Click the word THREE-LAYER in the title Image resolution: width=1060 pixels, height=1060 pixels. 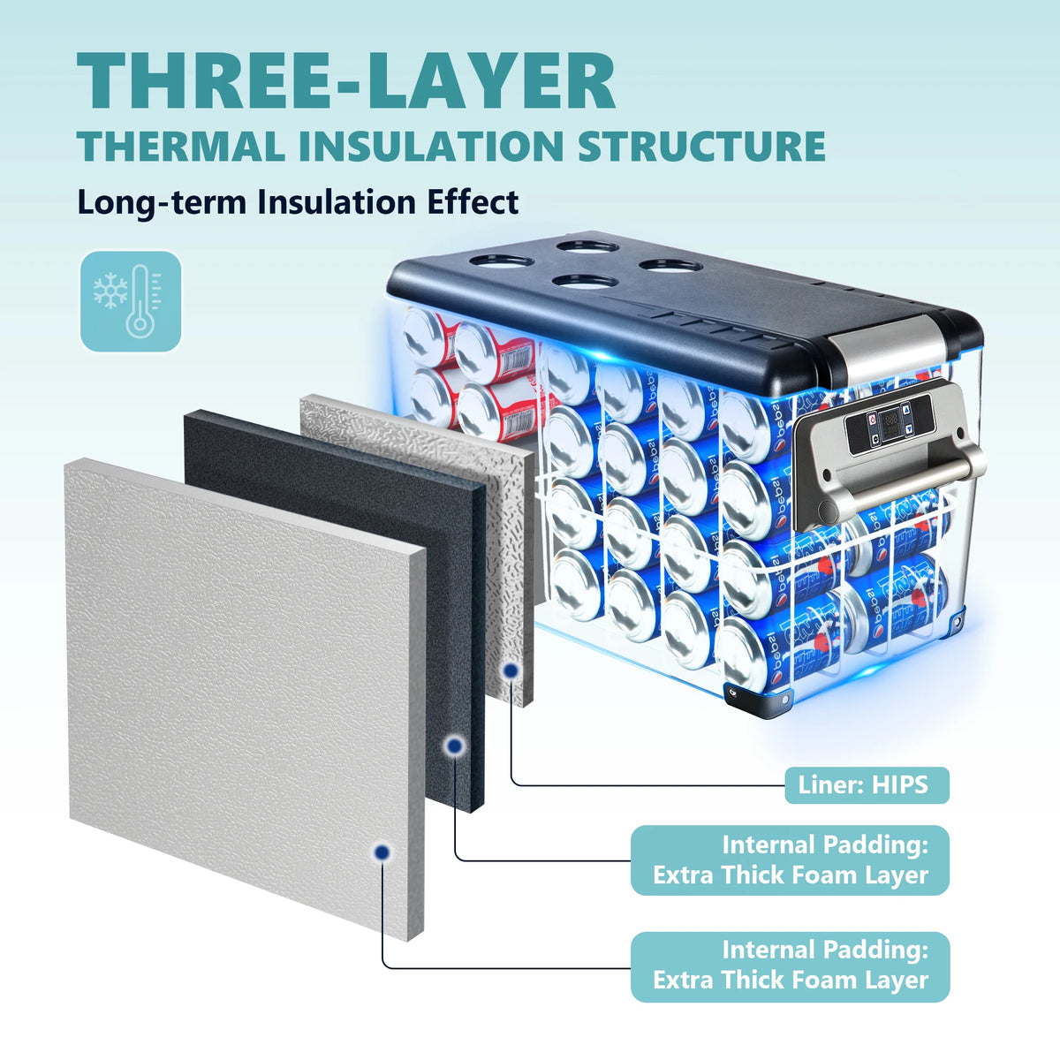pyautogui.click(x=345, y=81)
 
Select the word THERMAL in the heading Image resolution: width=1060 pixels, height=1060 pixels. pyautogui.click(x=180, y=147)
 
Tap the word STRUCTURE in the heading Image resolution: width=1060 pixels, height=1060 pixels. pyautogui.click(x=702, y=147)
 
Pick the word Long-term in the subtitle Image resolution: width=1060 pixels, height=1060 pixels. pyautogui.click(x=162, y=203)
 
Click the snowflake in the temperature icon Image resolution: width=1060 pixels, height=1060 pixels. pyautogui.click(x=110, y=290)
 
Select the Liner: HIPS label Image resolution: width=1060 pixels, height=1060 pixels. pyautogui.click(x=867, y=785)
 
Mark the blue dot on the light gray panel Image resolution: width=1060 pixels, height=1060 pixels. pyautogui.click(x=382, y=852)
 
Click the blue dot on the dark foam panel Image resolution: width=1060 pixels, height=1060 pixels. pyautogui.click(x=454, y=746)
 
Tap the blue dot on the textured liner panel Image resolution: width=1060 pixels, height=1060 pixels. pyautogui.click(x=511, y=670)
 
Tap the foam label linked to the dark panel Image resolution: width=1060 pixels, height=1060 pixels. pyautogui.click(x=790, y=860)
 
